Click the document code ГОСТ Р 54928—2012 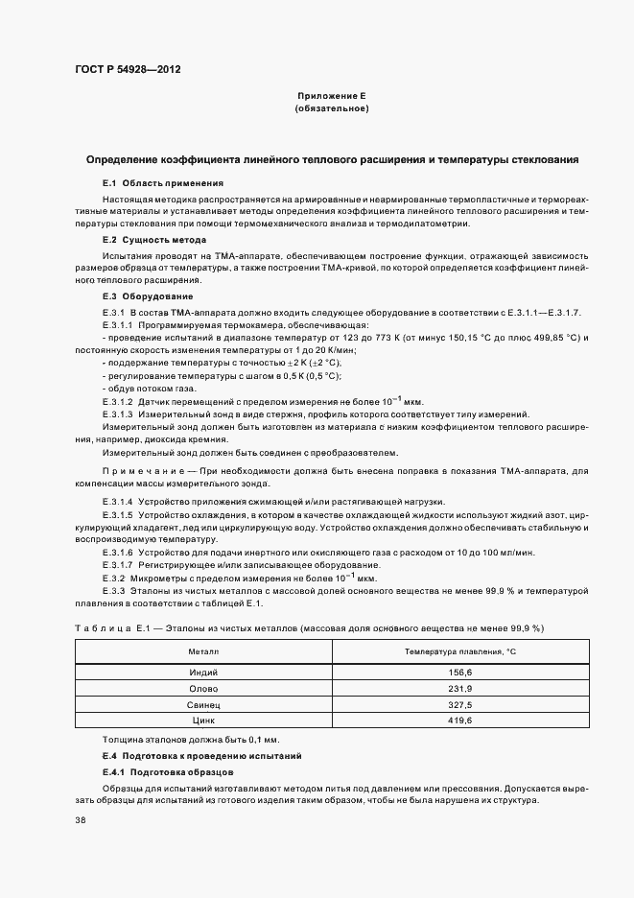pyautogui.click(x=127, y=70)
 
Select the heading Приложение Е pyautogui.click(x=331, y=97)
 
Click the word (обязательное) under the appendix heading pyautogui.click(x=331, y=109)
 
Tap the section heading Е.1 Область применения pyautogui.click(x=162, y=182)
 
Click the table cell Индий pyautogui.click(x=203, y=673)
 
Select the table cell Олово pyautogui.click(x=203, y=688)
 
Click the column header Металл pyautogui.click(x=203, y=651)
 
